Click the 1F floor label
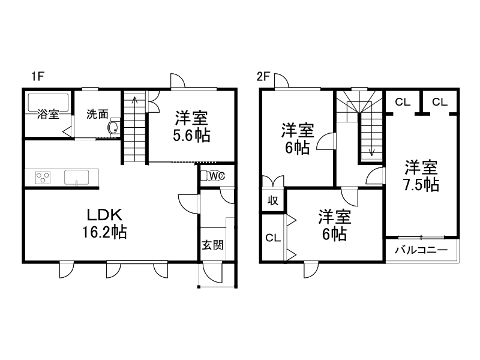[39, 76]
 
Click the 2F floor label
[264, 76]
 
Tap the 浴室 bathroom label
[48, 114]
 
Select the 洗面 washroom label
[97, 114]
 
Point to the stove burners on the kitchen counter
[43, 178]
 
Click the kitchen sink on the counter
[76, 178]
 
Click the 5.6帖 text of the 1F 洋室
[192, 136]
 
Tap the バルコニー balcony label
[421, 250]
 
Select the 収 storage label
[272, 201]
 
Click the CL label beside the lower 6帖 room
[272, 238]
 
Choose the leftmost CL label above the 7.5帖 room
[403, 102]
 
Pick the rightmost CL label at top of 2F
[440, 102]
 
